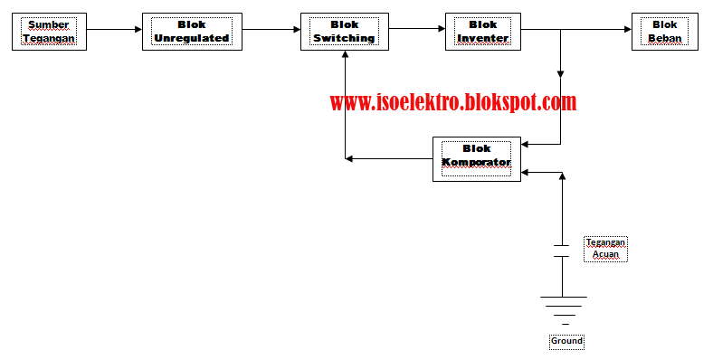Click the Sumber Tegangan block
coord(50,31)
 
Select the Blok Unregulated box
coord(191,32)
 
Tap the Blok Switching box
coord(344,32)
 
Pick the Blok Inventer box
coord(482,32)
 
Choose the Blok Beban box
coord(664,32)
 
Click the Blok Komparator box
coord(476,159)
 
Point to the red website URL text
coord(452,102)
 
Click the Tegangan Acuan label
coord(605,249)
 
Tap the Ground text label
coord(566,341)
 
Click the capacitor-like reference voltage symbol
coord(561,250)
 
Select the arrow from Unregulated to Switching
coord(271,29)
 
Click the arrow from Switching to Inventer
coord(416,29)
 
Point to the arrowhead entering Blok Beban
coord(626,29)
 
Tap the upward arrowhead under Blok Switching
coord(345,53)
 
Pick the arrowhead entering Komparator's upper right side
coord(526,143)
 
